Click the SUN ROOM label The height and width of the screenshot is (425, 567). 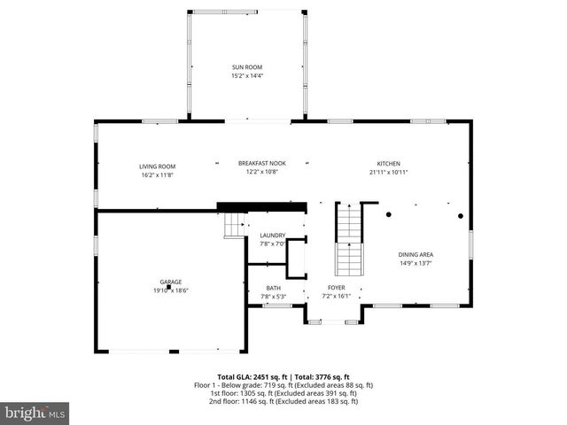pos(247,67)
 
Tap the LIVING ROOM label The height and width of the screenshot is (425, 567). pos(157,166)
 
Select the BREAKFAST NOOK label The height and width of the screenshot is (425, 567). pos(261,163)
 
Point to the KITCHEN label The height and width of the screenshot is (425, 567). pos(389,163)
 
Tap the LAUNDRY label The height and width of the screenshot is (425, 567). pos(272,235)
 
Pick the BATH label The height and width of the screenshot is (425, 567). pos(273,288)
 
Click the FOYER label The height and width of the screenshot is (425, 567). pos(336,288)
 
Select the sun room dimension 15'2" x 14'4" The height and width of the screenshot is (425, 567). pos(247,76)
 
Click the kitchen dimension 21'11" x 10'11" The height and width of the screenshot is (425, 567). pos(389,172)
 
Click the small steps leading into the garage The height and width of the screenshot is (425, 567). pos(234,226)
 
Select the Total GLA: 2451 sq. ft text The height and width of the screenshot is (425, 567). pos(251,377)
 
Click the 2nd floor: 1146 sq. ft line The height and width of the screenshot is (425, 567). pos(283,402)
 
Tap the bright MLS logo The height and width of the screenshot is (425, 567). pos(35,413)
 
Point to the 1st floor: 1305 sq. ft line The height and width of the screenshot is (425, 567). pos(283,394)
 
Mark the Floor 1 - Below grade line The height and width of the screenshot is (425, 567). pos(283,386)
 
